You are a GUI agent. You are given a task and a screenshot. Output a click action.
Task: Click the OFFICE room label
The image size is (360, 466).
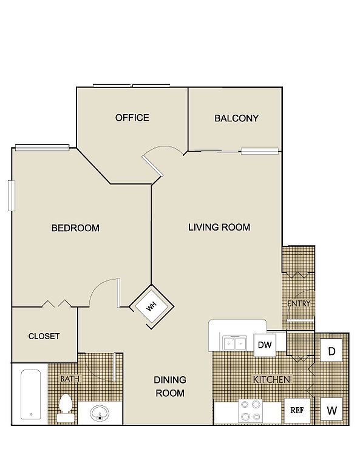click(132, 118)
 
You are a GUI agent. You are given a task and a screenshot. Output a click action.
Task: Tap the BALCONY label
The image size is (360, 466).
click(236, 118)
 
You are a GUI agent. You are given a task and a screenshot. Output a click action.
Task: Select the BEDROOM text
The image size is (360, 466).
click(75, 228)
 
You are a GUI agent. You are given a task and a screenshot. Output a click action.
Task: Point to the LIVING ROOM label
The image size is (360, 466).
click(219, 228)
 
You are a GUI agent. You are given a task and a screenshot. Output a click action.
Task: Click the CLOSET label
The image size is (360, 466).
click(44, 336)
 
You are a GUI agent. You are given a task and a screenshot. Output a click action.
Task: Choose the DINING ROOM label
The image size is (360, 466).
click(170, 387)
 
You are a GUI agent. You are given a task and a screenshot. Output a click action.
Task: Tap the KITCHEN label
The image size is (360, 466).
click(271, 379)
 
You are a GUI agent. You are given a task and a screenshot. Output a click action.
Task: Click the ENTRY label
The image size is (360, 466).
click(299, 303)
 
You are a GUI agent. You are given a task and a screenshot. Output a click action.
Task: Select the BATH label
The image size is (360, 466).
click(70, 379)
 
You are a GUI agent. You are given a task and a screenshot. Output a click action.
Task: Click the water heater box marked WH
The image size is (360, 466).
click(152, 306)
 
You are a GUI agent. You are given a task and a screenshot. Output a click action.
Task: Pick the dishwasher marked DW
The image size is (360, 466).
click(265, 345)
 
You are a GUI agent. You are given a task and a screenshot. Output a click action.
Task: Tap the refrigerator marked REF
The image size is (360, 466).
click(297, 410)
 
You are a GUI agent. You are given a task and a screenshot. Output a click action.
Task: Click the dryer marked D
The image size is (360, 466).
click(331, 351)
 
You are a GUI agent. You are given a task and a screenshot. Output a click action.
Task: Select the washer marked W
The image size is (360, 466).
click(331, 411)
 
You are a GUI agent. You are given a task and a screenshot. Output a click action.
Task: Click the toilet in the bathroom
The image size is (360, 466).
click(66, 408)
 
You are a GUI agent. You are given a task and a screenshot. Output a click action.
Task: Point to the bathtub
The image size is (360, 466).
click(30, 394)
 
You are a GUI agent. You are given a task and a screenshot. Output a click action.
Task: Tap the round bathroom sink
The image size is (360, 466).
click(100, 413)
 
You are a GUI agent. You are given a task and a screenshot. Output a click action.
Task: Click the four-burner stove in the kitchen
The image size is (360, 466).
click(251, 411)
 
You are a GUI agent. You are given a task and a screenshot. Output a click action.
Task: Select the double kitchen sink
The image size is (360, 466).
click(235, 343)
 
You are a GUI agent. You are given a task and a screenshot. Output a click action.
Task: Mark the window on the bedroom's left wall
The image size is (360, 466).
click(12, 195)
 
